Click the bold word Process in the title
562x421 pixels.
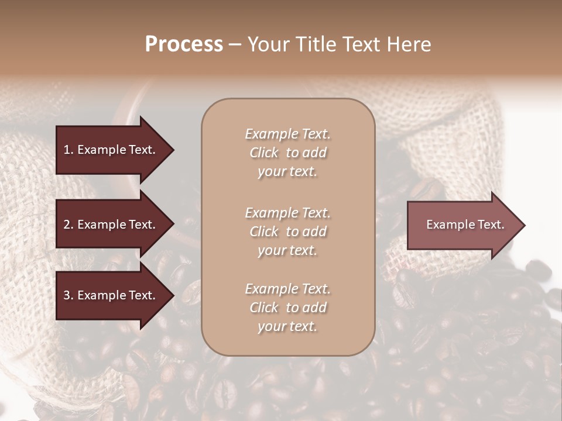(x=184, y=44)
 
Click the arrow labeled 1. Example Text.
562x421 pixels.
(x=111, y=150)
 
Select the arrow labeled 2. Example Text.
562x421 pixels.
(x=111, y=225)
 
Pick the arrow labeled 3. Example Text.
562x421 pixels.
(x=111, y=296)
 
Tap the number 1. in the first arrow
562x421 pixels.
(x=68, y=150)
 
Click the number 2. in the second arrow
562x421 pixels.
(x=68, y=225)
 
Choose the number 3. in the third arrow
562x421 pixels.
(x=68, y=296)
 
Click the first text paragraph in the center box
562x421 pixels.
(x=287, y=153)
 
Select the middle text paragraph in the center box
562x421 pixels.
(x=287, y=232)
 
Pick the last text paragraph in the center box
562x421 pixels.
(x=287, y=308)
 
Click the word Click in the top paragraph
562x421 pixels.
(x=264, y=153)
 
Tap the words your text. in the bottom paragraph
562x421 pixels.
(x=287, y=326)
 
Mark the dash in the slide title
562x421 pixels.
(x=235, y=45)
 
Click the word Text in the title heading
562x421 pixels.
(x=357, y=44)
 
